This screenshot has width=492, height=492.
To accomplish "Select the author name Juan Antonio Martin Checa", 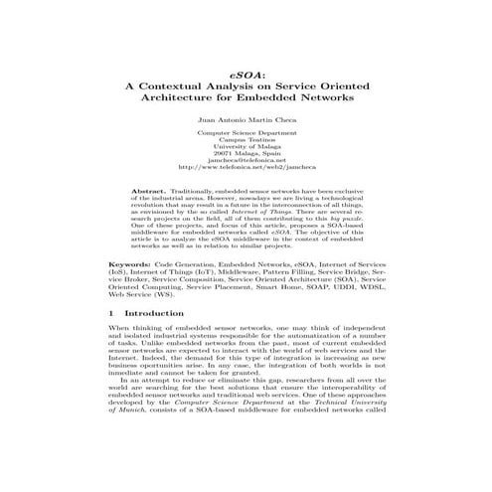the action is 246,117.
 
